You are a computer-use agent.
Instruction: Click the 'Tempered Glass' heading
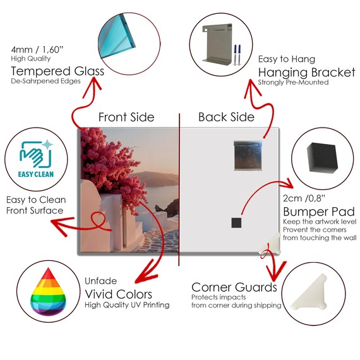click(x=57, y=71)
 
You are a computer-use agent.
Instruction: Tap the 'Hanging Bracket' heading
click(x=307, y=73)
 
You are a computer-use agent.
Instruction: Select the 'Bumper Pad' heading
click(x=319, y=212)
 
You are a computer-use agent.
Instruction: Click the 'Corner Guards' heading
click(x=234, y=287)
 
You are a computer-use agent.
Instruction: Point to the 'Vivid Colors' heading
click(x=119, y=294)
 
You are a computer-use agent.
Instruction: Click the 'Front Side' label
click(x=126, y=117)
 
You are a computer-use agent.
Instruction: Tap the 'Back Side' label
click(x=226, y=117)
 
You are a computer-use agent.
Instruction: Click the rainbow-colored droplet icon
click(x=48, y=292)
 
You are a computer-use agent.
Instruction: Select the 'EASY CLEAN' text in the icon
click(x=36, y=174)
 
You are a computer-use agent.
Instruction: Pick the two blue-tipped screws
click(x=237, y=55)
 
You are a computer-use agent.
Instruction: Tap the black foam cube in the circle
click(x=322, y=158)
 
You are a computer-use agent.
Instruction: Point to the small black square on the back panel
click(x=236, y=223)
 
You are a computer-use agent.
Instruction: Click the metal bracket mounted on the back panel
click(x=248, y=155)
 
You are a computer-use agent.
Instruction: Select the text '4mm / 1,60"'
click(x=37, y=50)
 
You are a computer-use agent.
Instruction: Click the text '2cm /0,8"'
click(x=304, y=198)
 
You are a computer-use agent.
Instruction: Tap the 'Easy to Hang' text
click(x=287, y=59)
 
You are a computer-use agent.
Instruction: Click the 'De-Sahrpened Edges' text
click(x=45, y=81)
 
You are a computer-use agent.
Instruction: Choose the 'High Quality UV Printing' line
click(x=127, y=305)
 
